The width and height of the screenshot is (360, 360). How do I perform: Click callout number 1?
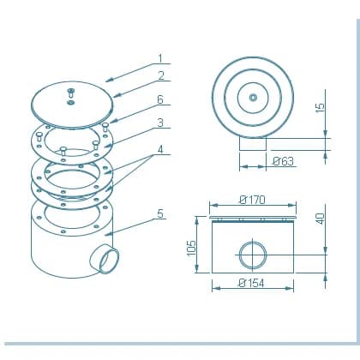click(160, 58)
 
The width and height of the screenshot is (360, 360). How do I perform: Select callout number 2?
click(161, 76)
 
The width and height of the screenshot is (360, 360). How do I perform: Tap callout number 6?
click(160, 99)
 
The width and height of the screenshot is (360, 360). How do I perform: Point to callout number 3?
click(160, 123)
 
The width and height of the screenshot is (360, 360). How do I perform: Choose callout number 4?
click(161, 149)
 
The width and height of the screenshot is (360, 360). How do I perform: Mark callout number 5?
click(160, 213)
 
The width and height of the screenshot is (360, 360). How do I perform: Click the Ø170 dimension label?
click(252, 200)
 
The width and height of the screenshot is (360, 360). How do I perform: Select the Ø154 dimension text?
click(251, 283)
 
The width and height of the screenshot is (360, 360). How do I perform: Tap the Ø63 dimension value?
click(283, 161)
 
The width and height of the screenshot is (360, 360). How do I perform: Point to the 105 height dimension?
click(191, 248)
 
